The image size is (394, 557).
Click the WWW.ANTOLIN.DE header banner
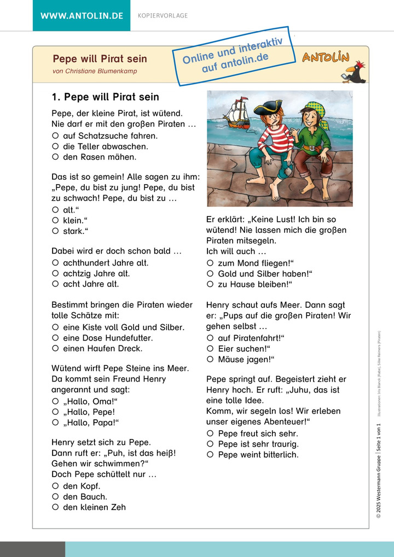click(82, 15)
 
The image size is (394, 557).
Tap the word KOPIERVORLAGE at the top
click(163, 16)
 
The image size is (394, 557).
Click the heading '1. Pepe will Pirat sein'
click(105, 97)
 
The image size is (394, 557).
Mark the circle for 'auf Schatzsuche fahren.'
click(55, 136)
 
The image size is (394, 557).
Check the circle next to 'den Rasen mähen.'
click(55, 157)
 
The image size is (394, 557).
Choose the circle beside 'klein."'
click(55, 220)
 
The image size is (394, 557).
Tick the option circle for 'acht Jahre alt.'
click(55, 284)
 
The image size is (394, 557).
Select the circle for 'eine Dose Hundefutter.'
click(55, 337)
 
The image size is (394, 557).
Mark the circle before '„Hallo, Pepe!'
click(55, 412)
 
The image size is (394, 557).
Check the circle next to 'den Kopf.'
click(55, 486)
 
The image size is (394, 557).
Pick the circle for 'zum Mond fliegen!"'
click(210, 263)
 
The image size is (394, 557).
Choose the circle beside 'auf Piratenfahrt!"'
click(210, 338)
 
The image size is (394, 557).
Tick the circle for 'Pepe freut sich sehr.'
click(210, 433)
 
